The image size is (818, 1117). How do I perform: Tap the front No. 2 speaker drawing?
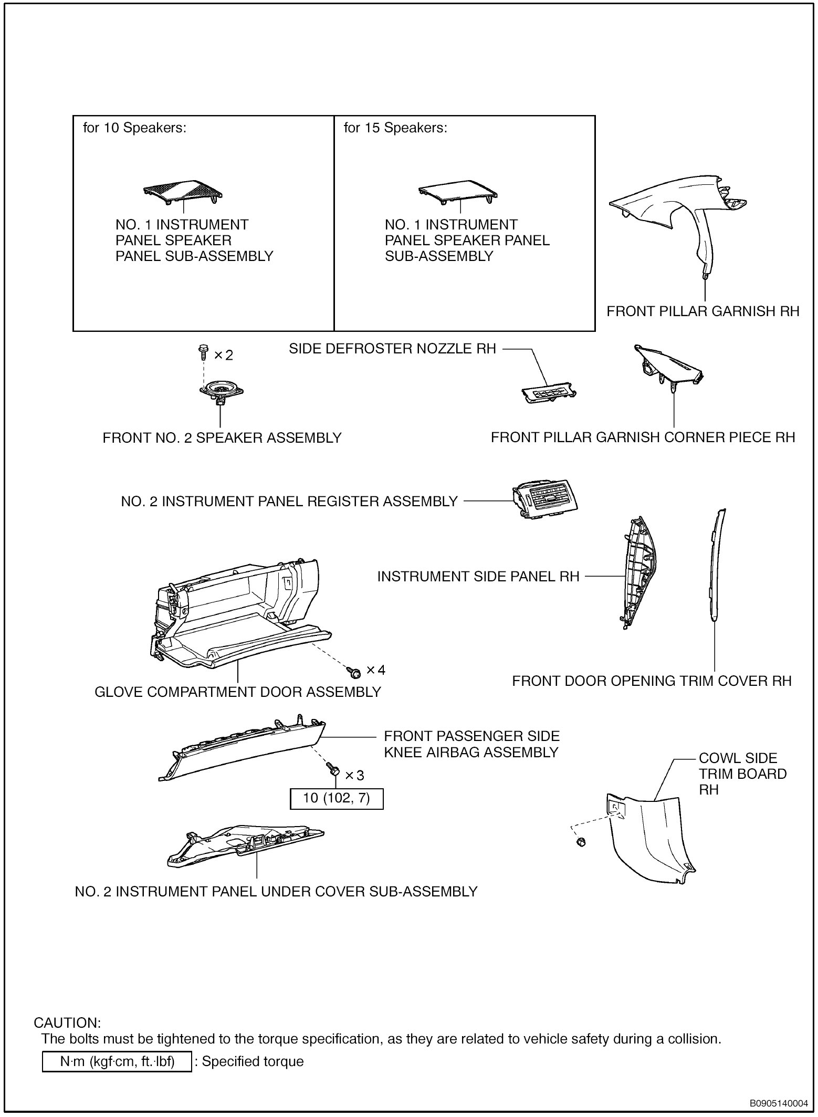point(221,392)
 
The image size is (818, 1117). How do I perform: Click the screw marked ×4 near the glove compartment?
point(353,671)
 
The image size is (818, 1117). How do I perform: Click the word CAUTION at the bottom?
point(67,1023)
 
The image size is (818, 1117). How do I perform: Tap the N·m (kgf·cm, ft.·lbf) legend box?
point(116,1061)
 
